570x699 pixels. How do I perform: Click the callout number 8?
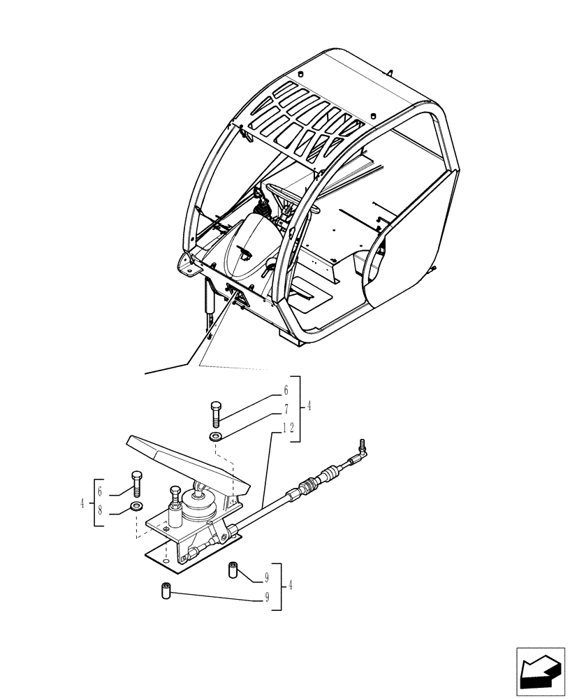point(101,511)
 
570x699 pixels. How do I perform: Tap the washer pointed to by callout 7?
point(214,437)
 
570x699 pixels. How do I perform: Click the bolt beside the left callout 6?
point(136,483)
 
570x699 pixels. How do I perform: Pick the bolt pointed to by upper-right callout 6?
point(216,414)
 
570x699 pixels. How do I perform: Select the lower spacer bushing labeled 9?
point(167,591)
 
